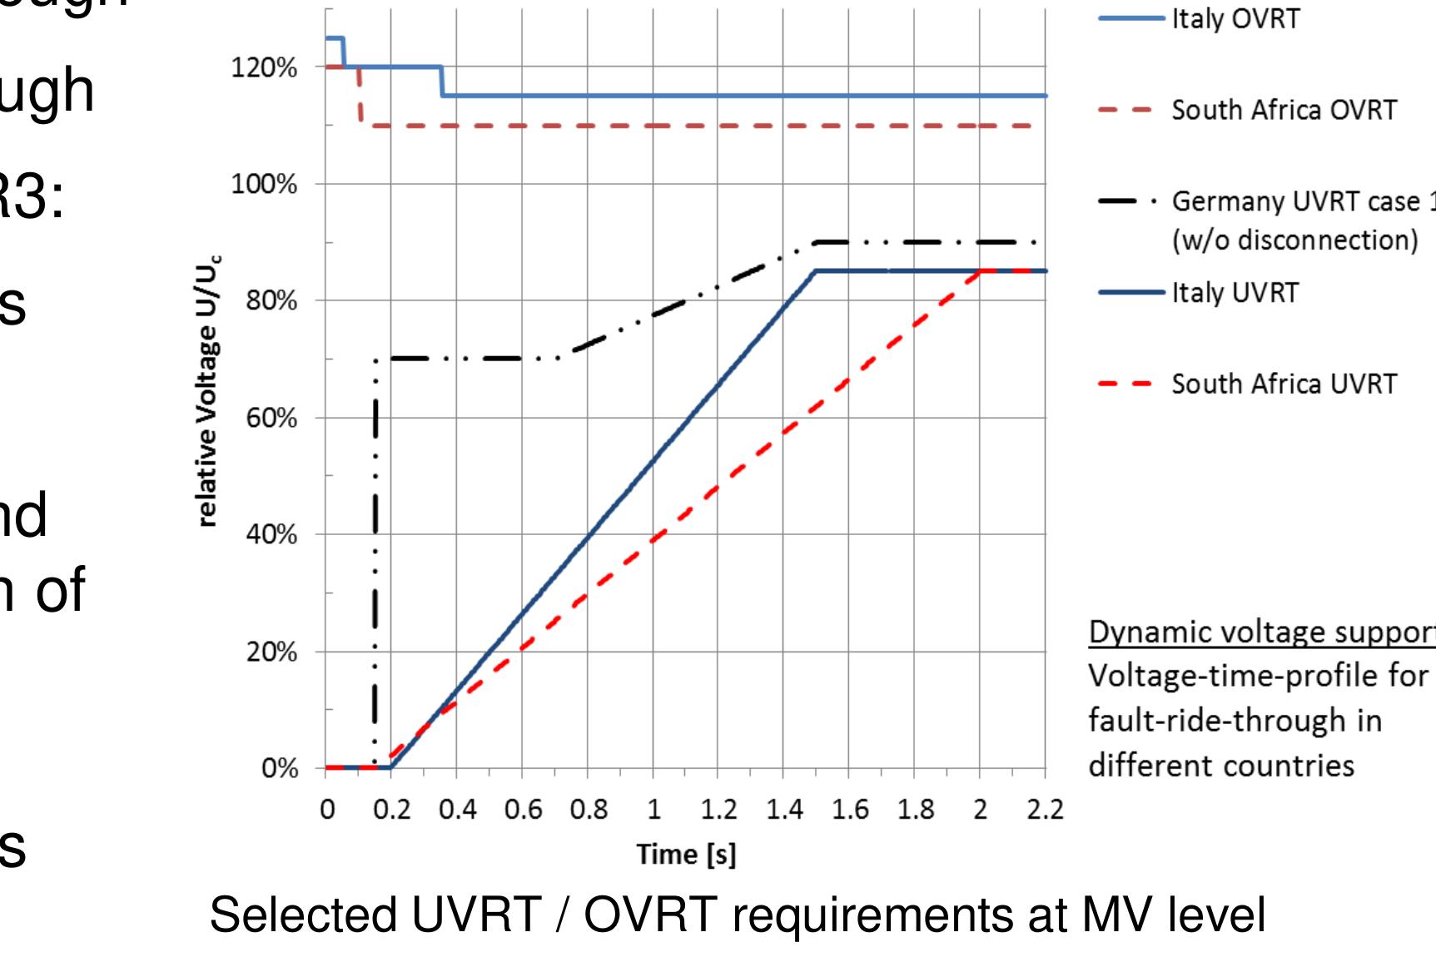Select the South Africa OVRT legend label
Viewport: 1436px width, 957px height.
pos(1284,110)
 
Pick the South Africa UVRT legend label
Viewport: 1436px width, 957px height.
pos(1284,384)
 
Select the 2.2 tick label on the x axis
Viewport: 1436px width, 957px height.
pos(1046,810)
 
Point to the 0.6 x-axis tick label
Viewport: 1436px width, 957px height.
pos(522,810)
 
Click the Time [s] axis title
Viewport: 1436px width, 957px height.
pos(686,855)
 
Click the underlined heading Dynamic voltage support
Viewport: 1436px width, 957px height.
pos(1261,633)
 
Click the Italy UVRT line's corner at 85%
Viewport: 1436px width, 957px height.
pos(817,271)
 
